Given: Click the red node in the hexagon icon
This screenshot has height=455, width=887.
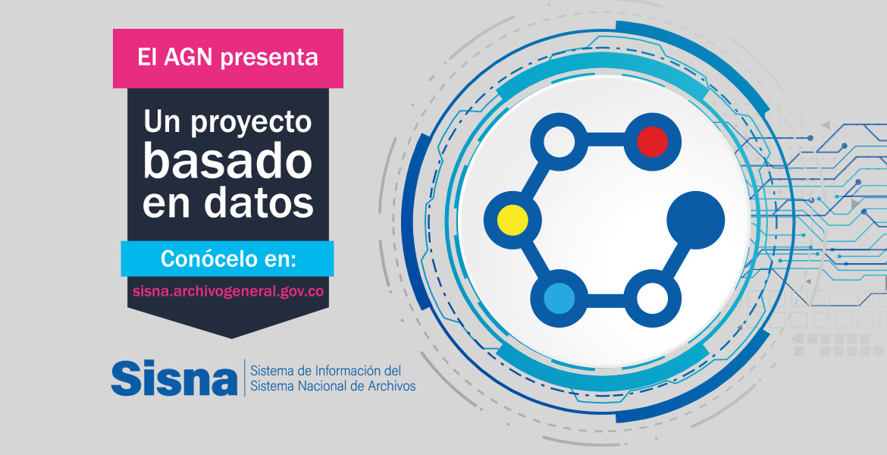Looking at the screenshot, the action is tap(652, 142).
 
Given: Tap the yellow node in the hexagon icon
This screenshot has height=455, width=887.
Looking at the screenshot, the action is tap(512, 220).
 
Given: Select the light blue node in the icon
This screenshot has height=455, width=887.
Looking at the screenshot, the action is tap(559, 298).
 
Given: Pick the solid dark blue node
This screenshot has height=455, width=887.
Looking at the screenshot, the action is tap(696, 220).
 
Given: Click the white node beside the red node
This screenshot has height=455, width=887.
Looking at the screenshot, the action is tap(559, 142).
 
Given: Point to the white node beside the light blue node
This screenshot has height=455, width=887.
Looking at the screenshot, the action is tap(652, 298).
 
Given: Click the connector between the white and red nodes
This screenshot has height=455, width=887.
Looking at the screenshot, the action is tap(606, 140).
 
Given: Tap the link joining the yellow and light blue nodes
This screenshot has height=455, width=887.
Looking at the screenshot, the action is tap(536, 260).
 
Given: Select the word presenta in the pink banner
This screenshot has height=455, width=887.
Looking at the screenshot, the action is tap(271, 59).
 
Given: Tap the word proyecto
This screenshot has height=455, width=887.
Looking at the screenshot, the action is tap(251, 123).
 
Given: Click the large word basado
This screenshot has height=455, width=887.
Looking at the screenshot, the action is tap(227, 161).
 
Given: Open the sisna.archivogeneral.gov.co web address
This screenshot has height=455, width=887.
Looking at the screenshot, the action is tap(228, 291).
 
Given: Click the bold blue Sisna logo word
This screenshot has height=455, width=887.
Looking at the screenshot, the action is tap(174, 378).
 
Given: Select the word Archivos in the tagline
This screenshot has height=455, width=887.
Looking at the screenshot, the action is tap(390, 386).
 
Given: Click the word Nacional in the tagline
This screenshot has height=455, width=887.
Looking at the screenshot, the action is tap(316, 386).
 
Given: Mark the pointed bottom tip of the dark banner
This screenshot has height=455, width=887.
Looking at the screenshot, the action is tap(231, 338).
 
